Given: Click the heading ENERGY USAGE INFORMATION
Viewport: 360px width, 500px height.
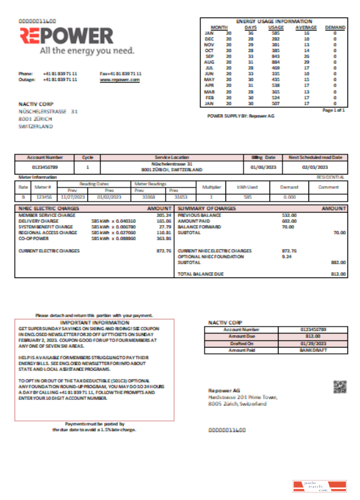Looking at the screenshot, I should coord(273,21).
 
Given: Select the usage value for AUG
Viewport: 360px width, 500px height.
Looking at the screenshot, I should coord(275,61).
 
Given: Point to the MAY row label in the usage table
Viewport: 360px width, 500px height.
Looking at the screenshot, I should coord(209,80).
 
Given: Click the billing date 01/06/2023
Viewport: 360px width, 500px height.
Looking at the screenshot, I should coord(263,167).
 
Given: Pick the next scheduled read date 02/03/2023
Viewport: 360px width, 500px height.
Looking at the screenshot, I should coord(315,167).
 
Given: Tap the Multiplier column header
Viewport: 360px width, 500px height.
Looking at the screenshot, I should coord(211,187).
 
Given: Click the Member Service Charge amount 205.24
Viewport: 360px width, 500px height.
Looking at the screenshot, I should coord(163,215).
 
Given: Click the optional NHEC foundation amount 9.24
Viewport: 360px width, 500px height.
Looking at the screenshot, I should coord(286,256).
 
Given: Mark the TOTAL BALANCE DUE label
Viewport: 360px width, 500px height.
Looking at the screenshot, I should coord(200,274).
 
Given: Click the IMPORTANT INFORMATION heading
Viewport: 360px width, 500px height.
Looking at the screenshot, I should coord(94,323).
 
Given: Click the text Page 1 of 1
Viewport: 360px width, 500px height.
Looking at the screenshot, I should coord(333,109).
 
